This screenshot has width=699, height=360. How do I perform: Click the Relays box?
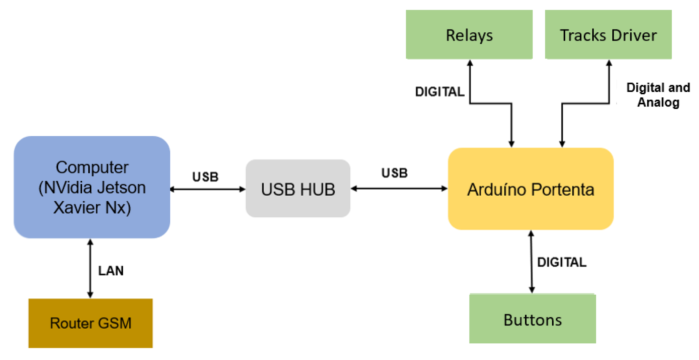pos(469,35)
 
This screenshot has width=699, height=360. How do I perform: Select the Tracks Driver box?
pos(608,35)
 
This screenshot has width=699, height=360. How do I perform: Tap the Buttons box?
pos(532,319)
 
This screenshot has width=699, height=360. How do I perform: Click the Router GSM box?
pos(90,323)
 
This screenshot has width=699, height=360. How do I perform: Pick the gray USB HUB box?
pos(298,188)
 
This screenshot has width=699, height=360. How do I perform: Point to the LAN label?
pos(111,271)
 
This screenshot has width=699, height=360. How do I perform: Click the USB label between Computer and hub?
pos(205,177)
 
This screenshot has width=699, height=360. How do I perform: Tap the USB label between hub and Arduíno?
pos(394,173)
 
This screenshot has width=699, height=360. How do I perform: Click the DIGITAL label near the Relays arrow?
pos(439,92)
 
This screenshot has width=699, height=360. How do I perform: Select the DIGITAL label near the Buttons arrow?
pos(561,262)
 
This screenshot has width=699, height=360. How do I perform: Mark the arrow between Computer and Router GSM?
pos(90,269)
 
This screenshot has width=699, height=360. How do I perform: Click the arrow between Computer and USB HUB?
pos(208,189)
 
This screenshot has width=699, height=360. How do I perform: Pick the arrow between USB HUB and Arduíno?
pos(399,188)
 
